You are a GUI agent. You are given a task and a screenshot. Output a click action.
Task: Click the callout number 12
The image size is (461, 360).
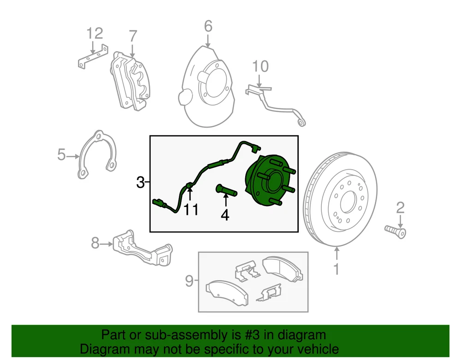95,34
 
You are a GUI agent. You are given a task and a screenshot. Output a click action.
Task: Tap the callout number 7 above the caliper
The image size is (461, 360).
133,35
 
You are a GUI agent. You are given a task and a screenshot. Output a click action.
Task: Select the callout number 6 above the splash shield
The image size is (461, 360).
208,26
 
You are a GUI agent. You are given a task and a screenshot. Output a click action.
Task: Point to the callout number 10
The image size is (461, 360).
260,66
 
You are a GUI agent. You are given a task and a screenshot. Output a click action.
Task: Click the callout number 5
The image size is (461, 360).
62,155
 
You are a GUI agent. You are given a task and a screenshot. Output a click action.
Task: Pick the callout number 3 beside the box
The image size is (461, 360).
141,183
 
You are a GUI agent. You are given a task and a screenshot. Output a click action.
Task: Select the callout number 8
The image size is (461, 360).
95,242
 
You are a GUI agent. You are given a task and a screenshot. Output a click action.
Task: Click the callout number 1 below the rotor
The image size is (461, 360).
337,269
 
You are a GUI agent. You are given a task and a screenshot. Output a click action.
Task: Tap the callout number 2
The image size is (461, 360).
400,207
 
